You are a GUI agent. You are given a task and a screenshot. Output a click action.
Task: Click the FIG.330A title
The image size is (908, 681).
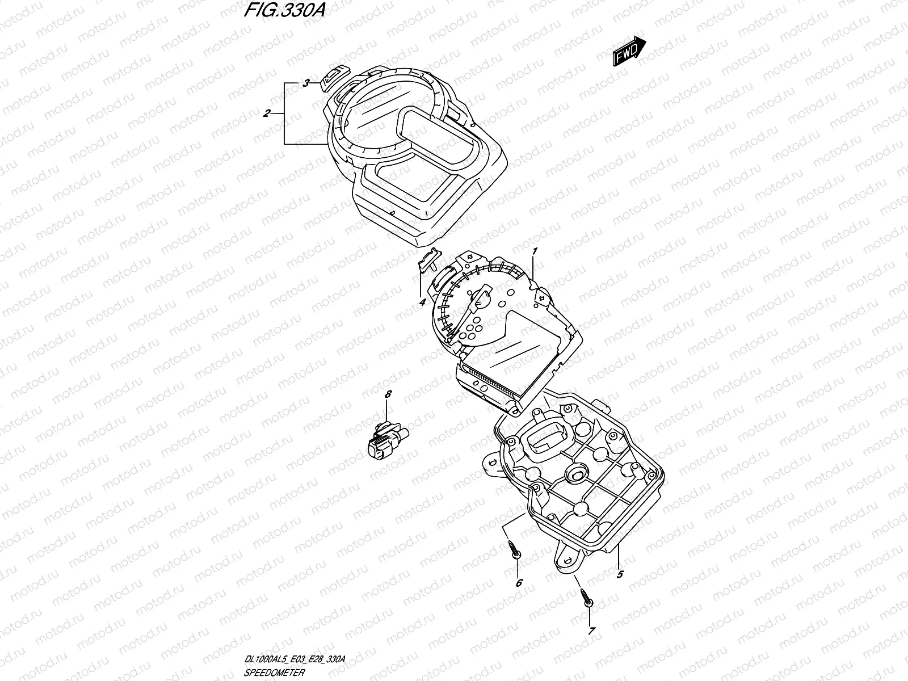tap(284, 11)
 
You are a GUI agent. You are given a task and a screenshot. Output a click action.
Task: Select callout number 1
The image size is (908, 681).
tap(534, 251)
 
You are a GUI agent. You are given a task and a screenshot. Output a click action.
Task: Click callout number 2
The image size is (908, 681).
tap(266, 113)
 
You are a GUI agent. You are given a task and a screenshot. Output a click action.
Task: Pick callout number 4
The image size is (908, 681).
tap(422, 302)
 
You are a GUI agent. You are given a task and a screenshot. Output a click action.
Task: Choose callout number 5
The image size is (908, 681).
tap(620, 574)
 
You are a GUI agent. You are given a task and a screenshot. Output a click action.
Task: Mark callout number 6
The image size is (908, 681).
tap(518, 583)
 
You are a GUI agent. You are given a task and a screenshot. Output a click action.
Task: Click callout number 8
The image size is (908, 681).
tap(388, 394)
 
